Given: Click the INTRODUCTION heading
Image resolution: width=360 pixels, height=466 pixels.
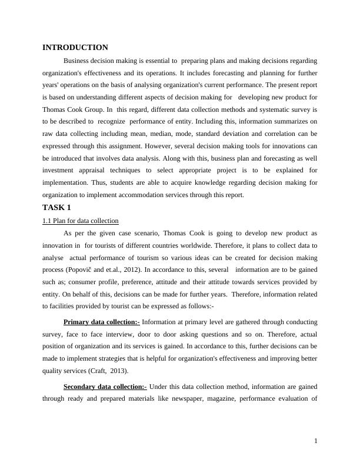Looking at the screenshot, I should tap(75, 48).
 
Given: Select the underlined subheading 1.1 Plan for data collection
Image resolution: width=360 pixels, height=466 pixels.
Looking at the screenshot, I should tap(81, 221).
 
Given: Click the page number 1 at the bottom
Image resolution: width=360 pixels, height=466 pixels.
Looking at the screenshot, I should tap(316, 441).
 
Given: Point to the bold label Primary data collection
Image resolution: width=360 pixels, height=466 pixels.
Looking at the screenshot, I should tap(102, 322).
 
